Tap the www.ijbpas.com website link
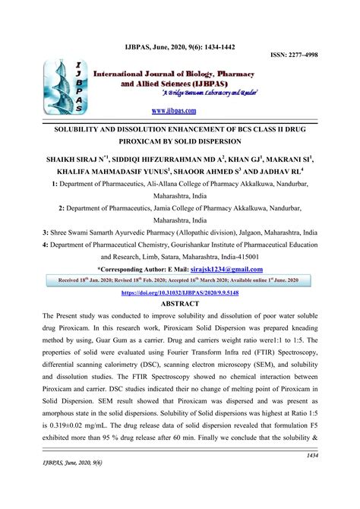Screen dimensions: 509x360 (x=180, y=111)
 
